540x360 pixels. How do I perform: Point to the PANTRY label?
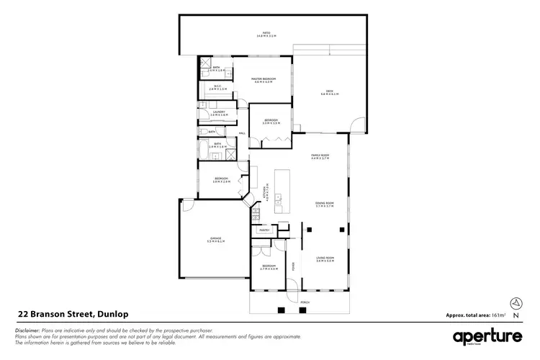point(264,230)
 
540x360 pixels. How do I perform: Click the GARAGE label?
point(215,239)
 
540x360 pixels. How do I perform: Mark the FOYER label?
point(293,266)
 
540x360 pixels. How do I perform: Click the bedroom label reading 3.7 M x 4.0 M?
point(269,268)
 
